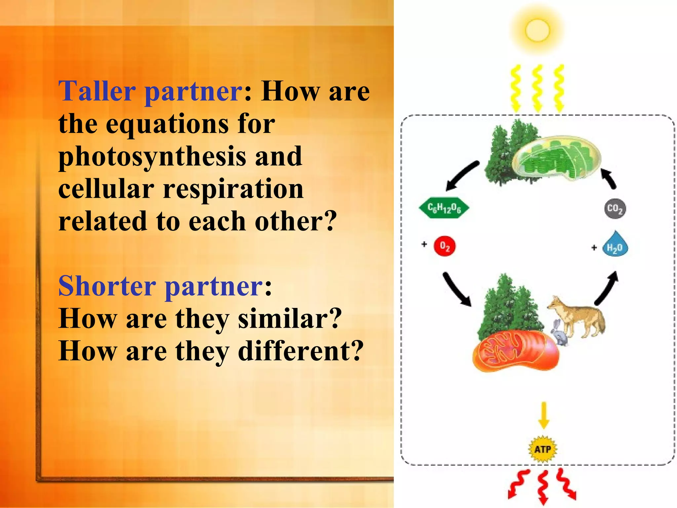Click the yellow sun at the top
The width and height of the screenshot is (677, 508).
tap(537, 30)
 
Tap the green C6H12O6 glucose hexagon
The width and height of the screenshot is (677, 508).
tap(444, 208)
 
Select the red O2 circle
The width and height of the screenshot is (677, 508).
tap(445, 246)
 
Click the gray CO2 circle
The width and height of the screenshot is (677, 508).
tap(615, 208)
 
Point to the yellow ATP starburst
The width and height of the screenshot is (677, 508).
tap(543, 449)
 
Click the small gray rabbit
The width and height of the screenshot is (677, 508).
tap(559, 333)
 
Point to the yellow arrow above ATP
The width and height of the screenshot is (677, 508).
tap(544, 415)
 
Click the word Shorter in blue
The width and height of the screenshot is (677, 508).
tap(107, 286)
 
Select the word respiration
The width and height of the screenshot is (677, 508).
tap(233, 190)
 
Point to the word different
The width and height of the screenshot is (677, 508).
tap(301, 351)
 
